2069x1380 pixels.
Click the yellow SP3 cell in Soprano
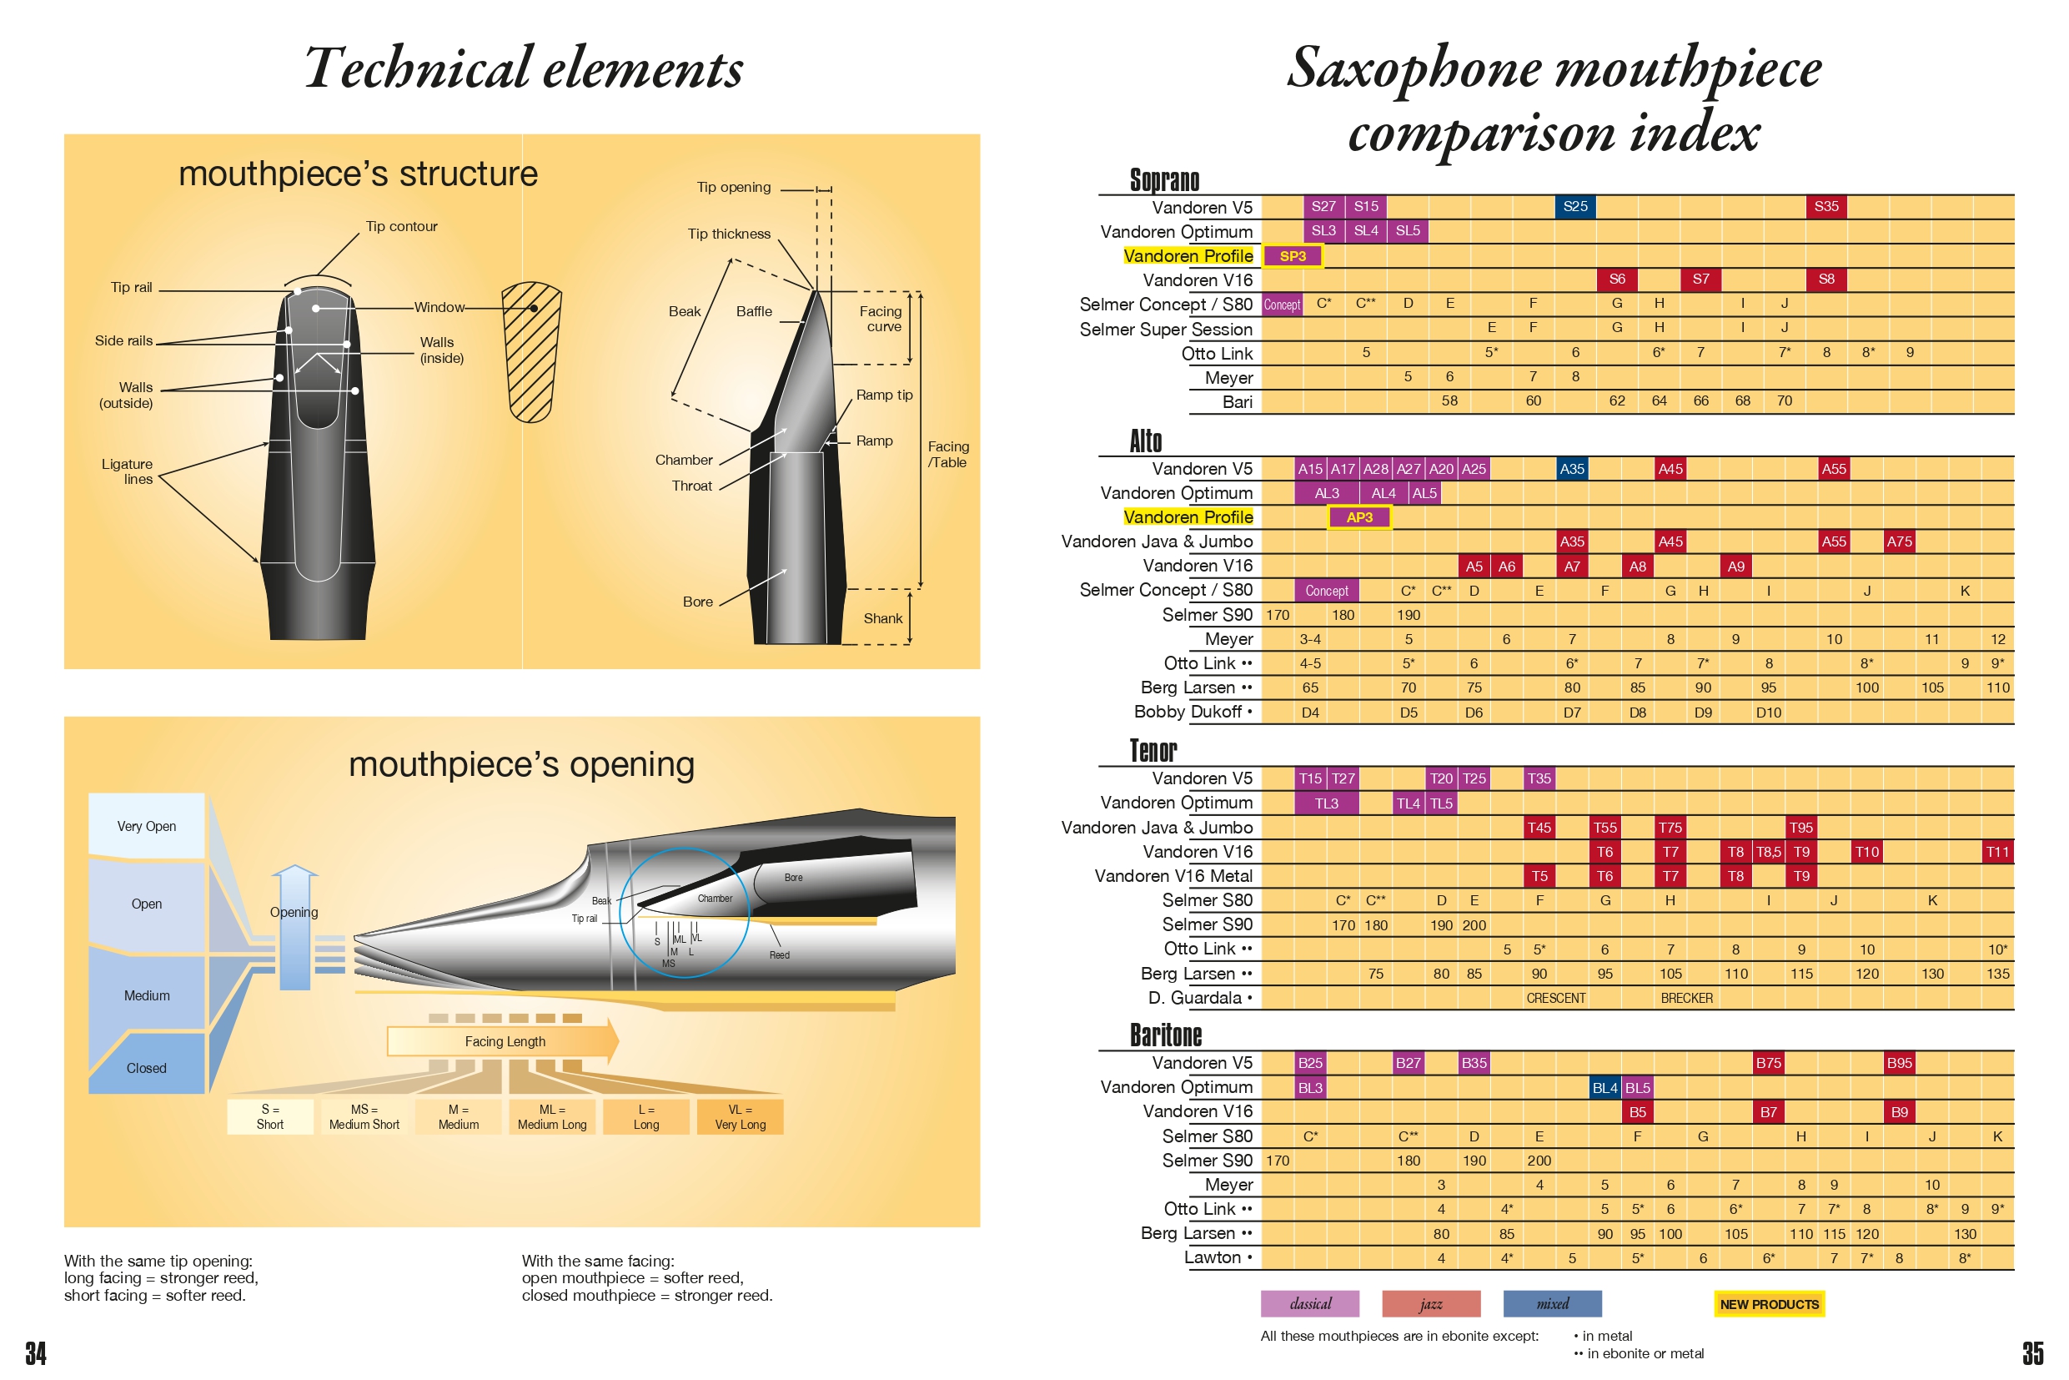click(1293, 256)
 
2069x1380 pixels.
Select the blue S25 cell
click(1574, 207)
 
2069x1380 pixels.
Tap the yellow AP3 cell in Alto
click(1359, 517)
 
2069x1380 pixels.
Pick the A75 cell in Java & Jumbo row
click(1899, 542)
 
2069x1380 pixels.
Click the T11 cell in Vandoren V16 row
click(1997, 852)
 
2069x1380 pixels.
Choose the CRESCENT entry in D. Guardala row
click(1555, 998)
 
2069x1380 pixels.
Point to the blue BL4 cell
click(1604, 1088)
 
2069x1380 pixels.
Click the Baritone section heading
click(1166, 1035)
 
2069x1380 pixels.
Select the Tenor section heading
click(1153, 751)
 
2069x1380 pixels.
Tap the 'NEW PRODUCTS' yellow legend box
click(1769, 1304)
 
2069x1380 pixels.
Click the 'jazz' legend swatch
click(1431, 1304)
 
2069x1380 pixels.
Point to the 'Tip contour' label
click(401, 226)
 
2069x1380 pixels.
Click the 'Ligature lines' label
click(128, 471)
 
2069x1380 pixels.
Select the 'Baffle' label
click(754, 311)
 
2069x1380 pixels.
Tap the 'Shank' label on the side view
click(882, 619)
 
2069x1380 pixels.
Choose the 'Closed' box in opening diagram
click(147, 1068)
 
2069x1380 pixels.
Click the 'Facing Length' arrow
click(504, 1041)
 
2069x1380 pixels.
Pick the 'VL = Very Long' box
click(740, 1117)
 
